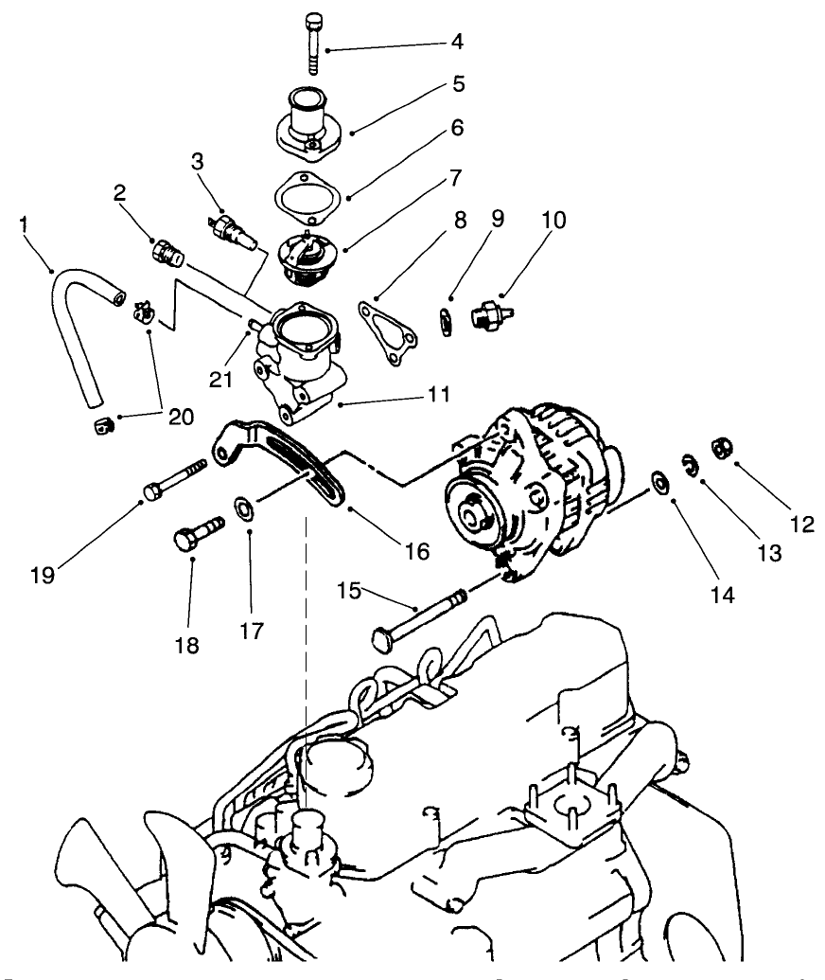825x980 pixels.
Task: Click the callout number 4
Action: pyautogui.click(x=458, y=43)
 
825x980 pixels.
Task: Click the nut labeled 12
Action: pyautogui.click(x=717, y=446)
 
